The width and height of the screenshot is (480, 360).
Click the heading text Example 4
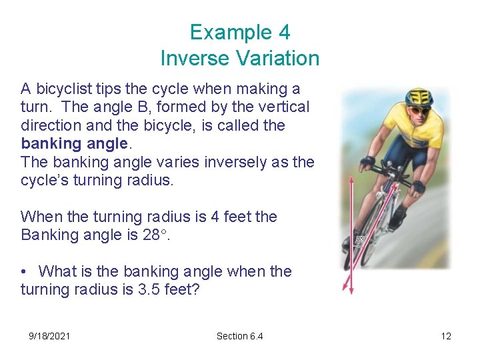tap(239, 32)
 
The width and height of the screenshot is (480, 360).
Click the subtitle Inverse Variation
tap(239, 58)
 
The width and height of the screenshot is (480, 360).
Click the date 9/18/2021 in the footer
tap(49, 336)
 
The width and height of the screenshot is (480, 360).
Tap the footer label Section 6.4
tap(239, 336)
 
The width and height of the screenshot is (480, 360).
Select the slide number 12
tap(446, 336)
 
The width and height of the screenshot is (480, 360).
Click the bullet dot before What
tap(24, 271)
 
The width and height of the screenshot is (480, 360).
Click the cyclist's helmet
tap(418, 97)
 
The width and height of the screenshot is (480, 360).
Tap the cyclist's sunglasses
tap(418, 110)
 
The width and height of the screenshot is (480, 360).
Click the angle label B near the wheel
tap(359, 241)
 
